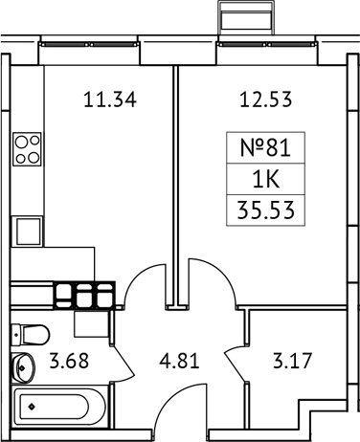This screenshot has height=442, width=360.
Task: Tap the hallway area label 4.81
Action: pyautogui.click(x=179, y=364)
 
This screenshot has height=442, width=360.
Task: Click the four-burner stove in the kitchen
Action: pyautogui.click(x=27, y=150)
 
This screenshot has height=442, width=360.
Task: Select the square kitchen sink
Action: pyautogui.click(x=27, y=231)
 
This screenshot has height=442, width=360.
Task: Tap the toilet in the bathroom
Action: pyautogui.click(x=32, y=335)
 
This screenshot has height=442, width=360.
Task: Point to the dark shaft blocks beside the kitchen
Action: pyautogui.click(x=83, y=293)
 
